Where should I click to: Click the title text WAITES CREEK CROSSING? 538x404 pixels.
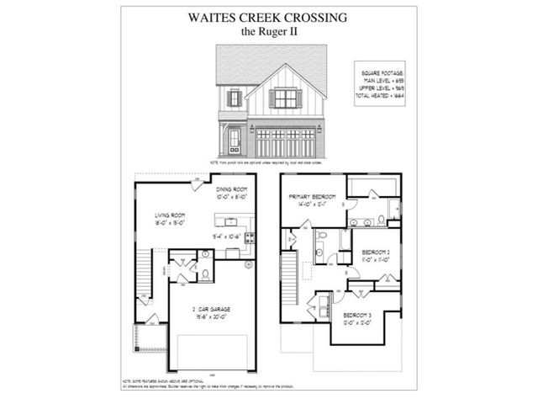268,18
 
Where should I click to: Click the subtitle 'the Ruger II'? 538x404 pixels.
268,33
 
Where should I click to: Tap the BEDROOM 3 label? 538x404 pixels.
357,315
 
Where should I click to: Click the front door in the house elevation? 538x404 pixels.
235,140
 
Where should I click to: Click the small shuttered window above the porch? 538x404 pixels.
235,98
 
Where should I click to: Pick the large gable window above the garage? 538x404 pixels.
286,98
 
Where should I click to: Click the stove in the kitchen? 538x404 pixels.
249,238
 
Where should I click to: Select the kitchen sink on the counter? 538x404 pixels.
229,222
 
